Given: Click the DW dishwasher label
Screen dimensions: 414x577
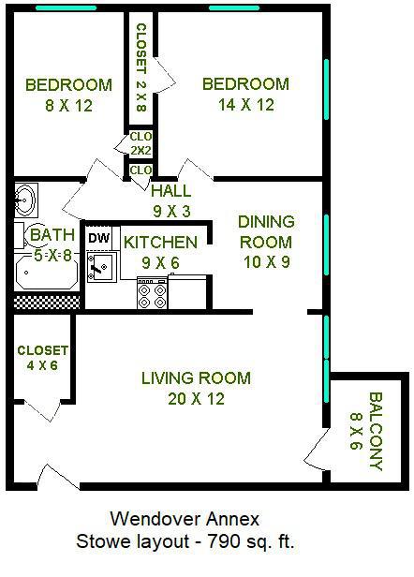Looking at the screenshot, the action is pyautogui.click(x=98, y=238).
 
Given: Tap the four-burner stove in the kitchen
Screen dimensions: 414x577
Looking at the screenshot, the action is pyautogui.click(x=152, y=292).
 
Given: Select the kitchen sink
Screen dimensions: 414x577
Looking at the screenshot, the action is pyautogui.click(x=101, y=267).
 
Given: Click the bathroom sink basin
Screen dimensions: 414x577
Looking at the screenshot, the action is pyautogui.click(x=26, y=200).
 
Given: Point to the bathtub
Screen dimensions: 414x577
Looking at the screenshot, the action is pyautogui.click(x=47, y=273).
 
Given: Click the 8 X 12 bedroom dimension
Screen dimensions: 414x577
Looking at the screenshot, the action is pyautogui.click(x=68, y=106).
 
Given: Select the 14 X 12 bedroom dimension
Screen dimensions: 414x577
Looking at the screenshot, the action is pyautogui.click(x=245, y=105).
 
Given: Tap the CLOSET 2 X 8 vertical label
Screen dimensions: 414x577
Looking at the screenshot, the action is pyautogui.click(x=140, y=67).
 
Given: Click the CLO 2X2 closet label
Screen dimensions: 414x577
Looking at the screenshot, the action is pyautogui.click(x=140, y=143).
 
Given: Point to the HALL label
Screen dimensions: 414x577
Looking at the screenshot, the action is pyautogui.click(x=171, y=191).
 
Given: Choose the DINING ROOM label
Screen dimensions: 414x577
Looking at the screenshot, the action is pyautogui.click(x=266, y=232).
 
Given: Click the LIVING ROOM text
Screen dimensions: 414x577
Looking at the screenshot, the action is pyautogui.click(x=196, y=378).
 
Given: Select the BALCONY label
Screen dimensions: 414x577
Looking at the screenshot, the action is pyautogui.click(x=376, y=431).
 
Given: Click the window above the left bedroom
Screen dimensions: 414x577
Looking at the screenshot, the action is pyautogui.click(x=67, y=7).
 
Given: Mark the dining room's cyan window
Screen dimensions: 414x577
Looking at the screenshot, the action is pyautogui.click(x=326, y=244).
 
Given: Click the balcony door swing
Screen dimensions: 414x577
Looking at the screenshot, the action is pyautogui.click(x=317, y=449).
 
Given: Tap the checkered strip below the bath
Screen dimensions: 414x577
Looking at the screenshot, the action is pyautogui.click(x=47, y=302).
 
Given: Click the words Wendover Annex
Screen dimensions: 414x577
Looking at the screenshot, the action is pyautogui.click(x=185, y=519).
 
